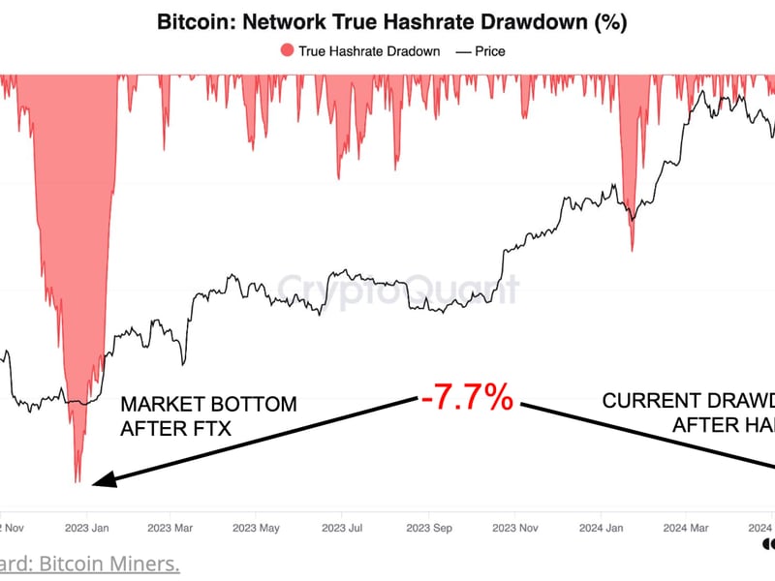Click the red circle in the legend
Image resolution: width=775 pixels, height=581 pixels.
pos(285,51)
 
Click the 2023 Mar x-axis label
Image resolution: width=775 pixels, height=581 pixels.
pos(170,529)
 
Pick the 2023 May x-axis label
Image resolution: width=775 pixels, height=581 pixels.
pos(256,529)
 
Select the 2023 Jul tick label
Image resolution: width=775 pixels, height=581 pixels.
pos(343,529)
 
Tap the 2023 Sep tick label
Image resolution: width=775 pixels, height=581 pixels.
pos(429,529)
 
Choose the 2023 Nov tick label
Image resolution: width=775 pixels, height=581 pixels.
pos(515,529)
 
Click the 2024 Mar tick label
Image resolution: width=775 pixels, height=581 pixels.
pos(687,529)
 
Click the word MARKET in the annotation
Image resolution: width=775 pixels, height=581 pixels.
pos(162,404)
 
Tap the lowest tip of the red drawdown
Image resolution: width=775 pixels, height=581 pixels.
pos(77,481)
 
